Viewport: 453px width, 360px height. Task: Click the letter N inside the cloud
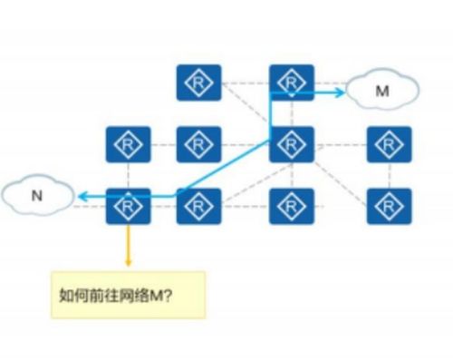pos(36,195)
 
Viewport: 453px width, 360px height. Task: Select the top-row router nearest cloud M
pos(292,83)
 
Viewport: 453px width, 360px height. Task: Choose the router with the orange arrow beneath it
pos(128,207)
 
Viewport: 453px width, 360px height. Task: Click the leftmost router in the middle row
pos(128,144)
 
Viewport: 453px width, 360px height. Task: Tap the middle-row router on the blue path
pos(292,144)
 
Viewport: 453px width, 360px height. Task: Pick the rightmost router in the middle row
pos(390,144)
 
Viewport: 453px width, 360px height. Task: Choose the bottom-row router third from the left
pos(292,207)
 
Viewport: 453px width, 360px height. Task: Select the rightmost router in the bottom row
pos(390,207)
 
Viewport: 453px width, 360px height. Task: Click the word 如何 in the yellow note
pos(71,295)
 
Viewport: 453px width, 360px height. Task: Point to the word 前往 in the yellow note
pos(98,295)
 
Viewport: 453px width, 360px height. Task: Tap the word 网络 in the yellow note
pos(125,295)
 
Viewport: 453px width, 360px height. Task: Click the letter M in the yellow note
pos(144,295)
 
